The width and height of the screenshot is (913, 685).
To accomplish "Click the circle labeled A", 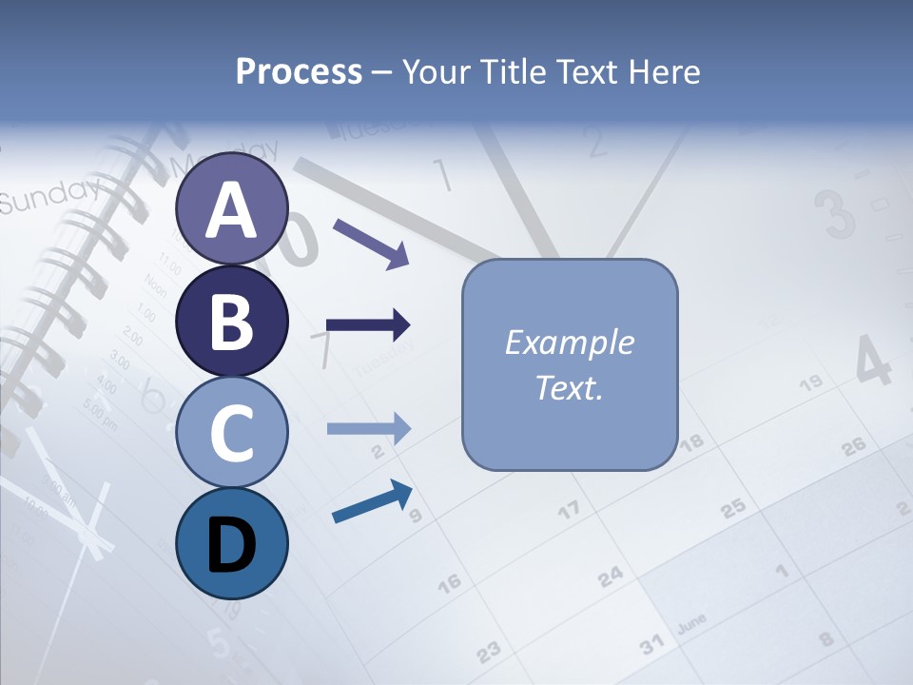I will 231,209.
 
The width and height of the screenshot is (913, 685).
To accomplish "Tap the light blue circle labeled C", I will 231,432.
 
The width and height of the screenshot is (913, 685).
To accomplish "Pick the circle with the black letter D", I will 231,543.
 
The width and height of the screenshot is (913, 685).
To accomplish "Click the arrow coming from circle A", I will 370,242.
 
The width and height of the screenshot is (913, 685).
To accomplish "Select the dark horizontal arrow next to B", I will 368,325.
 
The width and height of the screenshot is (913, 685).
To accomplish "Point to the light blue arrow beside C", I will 368,428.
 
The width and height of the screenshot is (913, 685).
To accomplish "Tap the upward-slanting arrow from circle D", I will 372,501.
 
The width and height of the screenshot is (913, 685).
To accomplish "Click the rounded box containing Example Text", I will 570,364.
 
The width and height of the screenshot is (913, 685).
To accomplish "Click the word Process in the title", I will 299,71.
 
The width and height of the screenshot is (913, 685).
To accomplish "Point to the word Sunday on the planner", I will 48,195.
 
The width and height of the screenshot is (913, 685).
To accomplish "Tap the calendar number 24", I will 611,576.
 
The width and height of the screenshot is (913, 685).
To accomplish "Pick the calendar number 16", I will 449,580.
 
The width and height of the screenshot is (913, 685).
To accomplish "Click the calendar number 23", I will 488,652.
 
